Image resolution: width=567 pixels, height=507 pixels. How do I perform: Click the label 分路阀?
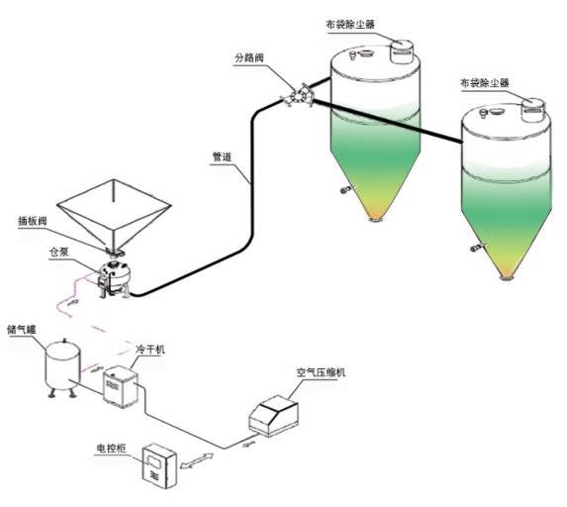click(x=249, y=57)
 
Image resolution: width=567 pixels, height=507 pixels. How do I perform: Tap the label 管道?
click(x=222, y=157)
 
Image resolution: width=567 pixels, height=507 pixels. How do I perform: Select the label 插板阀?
click(x=33, y=221)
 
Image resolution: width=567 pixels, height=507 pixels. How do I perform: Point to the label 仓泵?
click(x=58, y=253)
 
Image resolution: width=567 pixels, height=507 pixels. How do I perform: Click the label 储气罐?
click(x=22, y=330)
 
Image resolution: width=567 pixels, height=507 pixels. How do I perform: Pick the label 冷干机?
click(x=150, y=350)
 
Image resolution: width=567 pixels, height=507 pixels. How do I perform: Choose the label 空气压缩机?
click(x=321, y=372)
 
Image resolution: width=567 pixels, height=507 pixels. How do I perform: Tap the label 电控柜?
click(x=111, y=449)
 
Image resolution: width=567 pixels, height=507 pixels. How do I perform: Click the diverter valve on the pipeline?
click(x=297, y=96)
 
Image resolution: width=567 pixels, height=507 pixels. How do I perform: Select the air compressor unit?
click(x=274, y=416)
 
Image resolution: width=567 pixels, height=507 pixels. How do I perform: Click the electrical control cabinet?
click(x=158, y=465)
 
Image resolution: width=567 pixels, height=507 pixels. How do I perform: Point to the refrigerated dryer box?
click(x=121, y=387)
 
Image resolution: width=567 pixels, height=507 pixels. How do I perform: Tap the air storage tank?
click(x=62, y=367)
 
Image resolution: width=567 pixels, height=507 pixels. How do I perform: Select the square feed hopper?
click(x=114, y=214)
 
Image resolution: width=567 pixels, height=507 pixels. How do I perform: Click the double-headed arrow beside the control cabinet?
click(x=197, y=461)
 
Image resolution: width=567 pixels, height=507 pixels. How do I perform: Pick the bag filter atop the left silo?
click(x=402, y=51)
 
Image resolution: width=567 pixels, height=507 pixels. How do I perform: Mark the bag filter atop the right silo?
click(x=533, y=110)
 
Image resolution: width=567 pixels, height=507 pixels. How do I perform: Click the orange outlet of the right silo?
click(x=507, y=277)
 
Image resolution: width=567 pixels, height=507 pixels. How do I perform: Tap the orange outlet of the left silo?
click(x=376, y=218)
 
